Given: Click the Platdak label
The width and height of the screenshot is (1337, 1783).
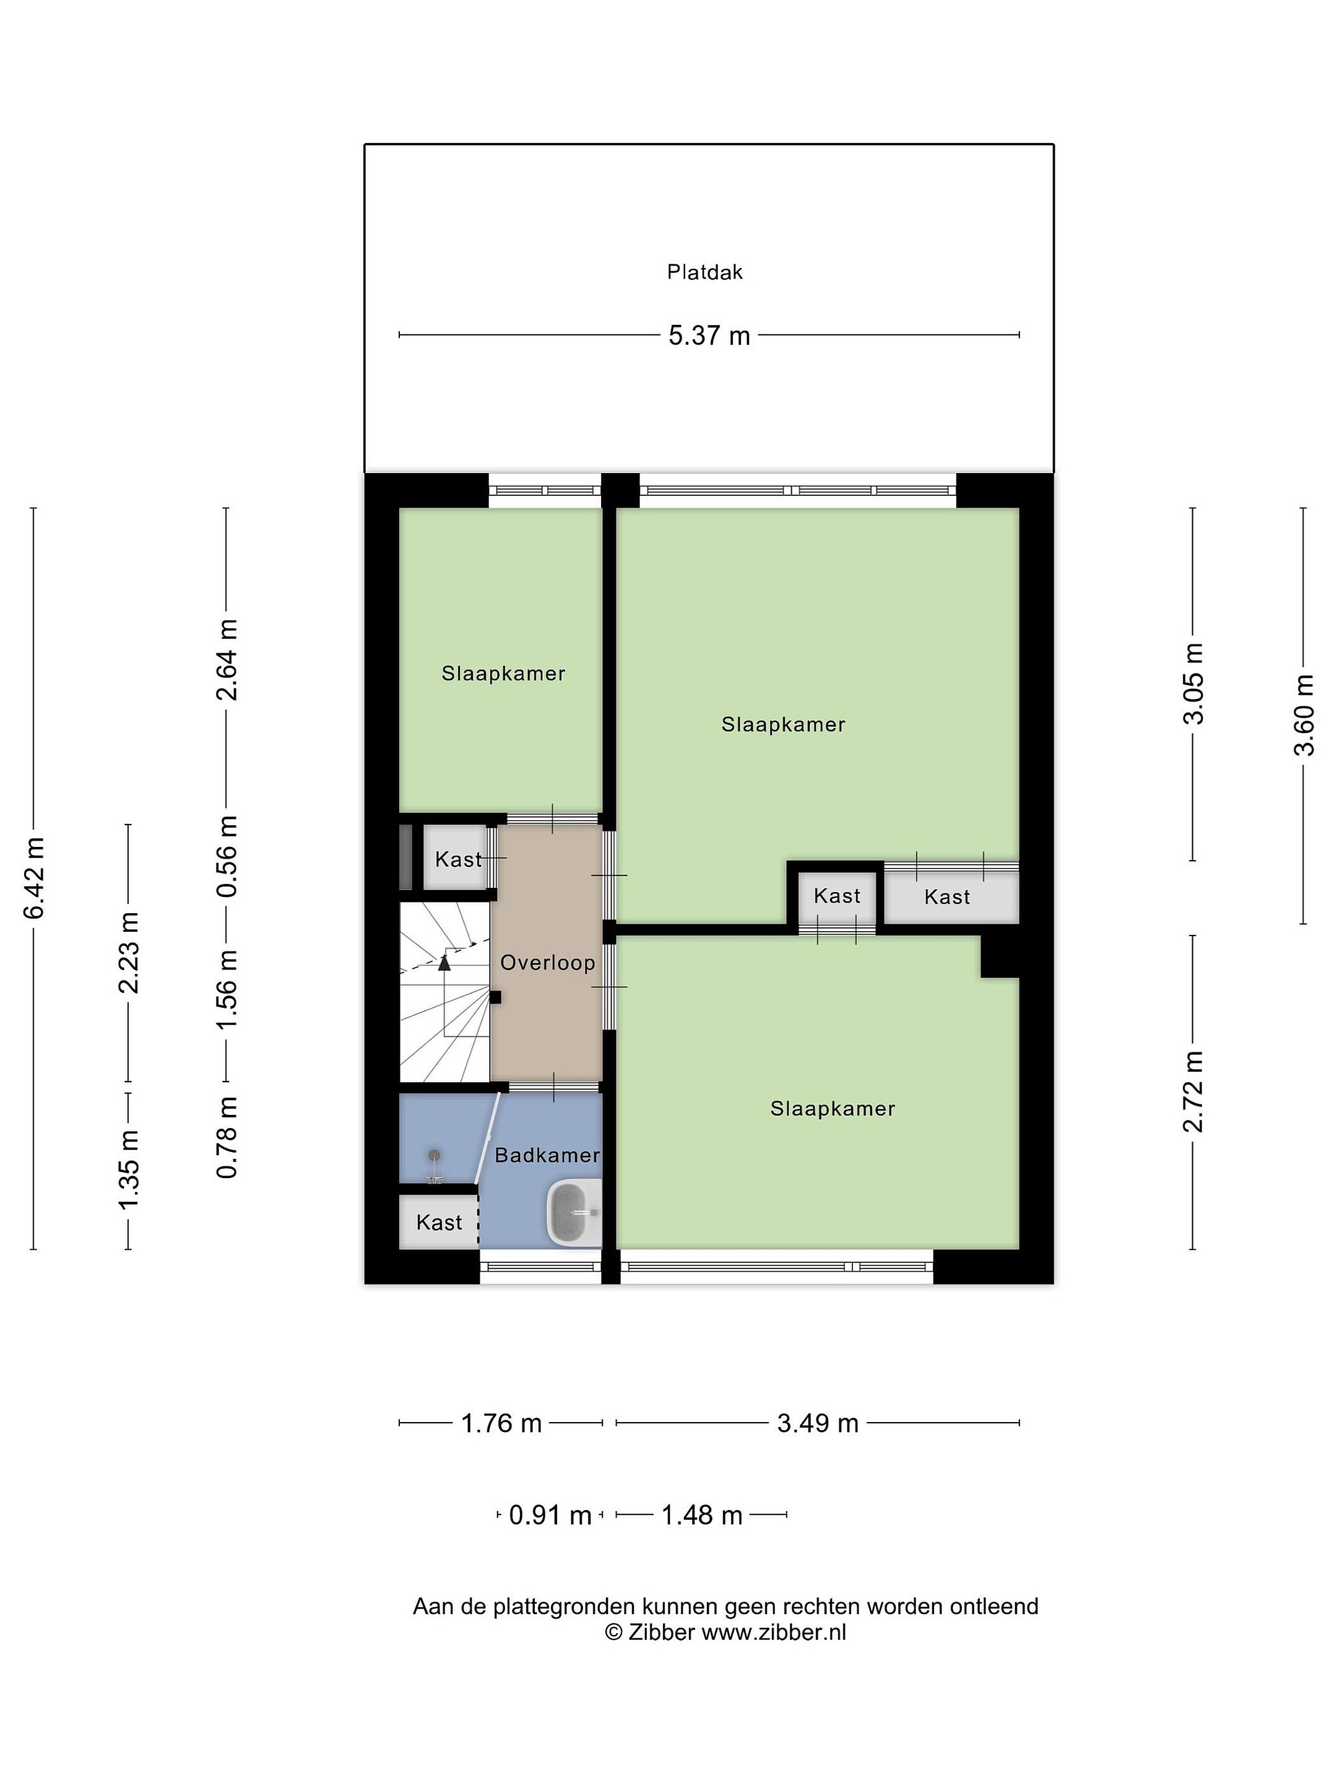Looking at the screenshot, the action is tap(704, 272).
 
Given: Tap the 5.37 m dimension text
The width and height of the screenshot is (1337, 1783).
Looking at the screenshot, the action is tap(709, 336).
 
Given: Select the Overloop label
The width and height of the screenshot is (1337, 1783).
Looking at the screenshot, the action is tap(548, 963).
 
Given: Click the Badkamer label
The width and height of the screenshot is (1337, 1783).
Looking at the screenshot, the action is tap(547, 1155).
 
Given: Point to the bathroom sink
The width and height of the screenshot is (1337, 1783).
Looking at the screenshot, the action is tap(574, 1212).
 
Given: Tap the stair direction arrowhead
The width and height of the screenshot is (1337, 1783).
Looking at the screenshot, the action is tap(444, 961).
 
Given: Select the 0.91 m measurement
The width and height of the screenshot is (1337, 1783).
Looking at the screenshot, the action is tap(550, 1516).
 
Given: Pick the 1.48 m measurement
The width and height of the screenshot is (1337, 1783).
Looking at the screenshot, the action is tap(701, 1516).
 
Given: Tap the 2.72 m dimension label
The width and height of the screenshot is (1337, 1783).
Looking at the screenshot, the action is tap(1193, 1092).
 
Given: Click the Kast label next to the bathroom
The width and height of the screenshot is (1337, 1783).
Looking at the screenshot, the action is tap(439, 1223).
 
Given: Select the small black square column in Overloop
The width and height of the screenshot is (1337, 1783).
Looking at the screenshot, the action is tap(496, 997).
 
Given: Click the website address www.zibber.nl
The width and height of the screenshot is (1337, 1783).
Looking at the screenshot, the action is tap(774, 1633).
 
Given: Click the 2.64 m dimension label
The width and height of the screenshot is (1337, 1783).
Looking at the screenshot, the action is tap(227, 659).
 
